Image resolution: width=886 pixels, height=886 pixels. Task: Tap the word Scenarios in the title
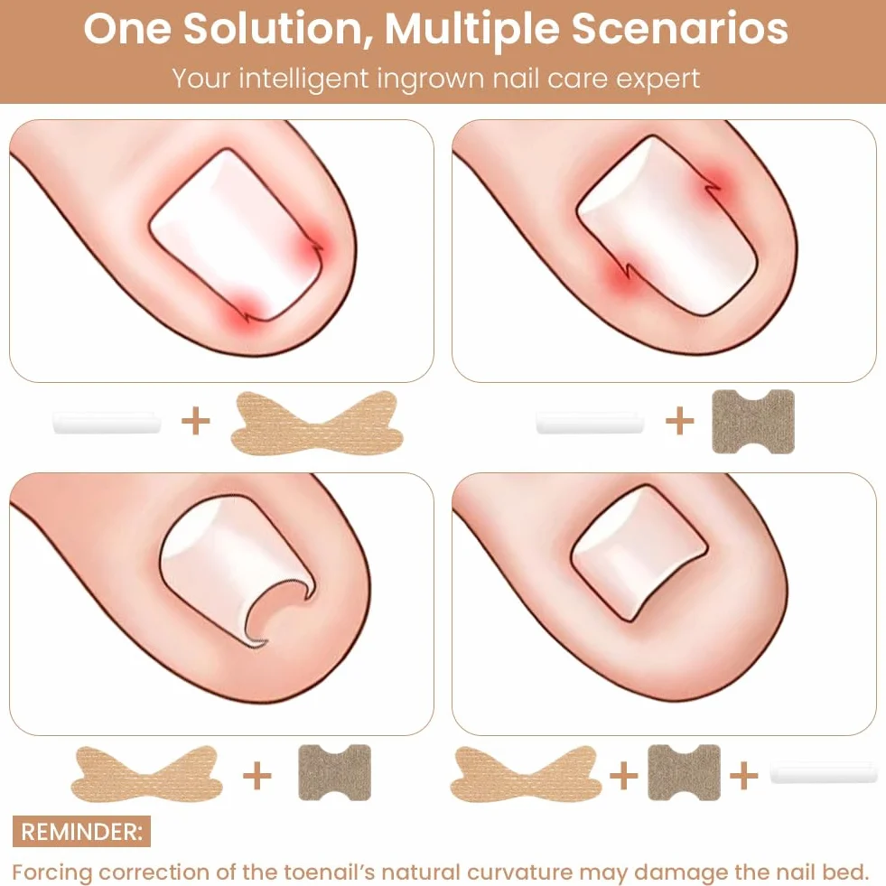680,29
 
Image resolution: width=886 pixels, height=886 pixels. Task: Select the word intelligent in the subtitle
304,79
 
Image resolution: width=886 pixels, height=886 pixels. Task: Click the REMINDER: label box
81,831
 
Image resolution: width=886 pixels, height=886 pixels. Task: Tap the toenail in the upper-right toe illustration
667,226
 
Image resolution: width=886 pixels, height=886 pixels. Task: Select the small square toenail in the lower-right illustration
639,555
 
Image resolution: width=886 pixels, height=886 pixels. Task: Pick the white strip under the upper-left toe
107,424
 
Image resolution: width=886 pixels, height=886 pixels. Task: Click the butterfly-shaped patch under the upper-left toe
317,422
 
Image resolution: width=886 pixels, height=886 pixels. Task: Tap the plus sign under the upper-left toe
195,422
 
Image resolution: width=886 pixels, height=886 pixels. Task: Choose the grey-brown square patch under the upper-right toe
753,422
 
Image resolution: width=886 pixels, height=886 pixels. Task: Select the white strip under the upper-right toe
590,424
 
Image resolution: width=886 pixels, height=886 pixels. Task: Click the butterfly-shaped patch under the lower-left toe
147,773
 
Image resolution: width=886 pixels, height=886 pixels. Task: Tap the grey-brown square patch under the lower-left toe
334,772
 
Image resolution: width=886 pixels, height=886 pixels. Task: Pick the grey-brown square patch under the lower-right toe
685,772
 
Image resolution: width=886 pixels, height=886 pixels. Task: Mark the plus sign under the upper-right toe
680,422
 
